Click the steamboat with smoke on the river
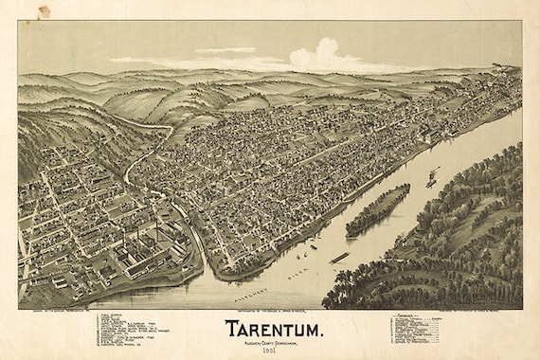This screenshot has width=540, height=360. coord(432,177)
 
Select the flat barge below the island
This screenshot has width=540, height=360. coord(338,257)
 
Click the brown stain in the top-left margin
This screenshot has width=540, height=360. coord(44,10)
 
